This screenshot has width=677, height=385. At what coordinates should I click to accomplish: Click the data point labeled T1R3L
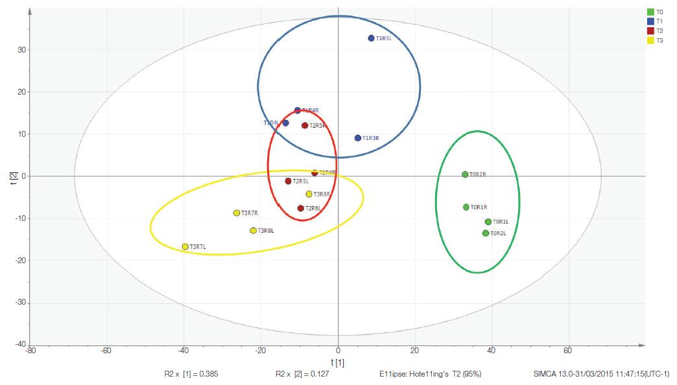(371, 38)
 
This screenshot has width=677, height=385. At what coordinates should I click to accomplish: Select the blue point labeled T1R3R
(358, 138)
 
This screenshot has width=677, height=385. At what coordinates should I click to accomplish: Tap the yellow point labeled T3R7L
(185, 247)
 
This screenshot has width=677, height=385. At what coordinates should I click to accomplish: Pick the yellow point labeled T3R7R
(237, 213)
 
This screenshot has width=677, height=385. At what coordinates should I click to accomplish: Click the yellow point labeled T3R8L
(254, 231)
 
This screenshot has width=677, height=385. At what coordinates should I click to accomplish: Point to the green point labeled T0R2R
(465, 174)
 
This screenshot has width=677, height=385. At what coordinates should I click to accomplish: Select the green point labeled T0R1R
(466, 207)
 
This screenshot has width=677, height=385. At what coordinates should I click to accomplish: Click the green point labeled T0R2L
(486, 233)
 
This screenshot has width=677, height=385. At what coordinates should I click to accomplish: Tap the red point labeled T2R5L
(289, 181)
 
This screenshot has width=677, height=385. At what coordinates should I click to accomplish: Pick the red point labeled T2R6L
(301, 208)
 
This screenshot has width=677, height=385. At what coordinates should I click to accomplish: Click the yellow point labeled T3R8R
(309, 194)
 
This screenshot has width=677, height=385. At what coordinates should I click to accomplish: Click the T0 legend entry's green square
(650, 12)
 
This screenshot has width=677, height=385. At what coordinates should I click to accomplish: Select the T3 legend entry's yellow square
(650, 40)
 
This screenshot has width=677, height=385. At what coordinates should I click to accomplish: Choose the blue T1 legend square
(650, 21)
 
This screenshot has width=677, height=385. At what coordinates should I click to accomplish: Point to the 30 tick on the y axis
(22, 50)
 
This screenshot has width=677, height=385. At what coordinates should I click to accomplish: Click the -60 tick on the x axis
(106, 352)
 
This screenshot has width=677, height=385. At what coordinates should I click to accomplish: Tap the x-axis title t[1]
(338, 362)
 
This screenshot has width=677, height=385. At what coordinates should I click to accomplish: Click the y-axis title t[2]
(13, 178)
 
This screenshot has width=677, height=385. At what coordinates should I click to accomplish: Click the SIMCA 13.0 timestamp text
(600, 374)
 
